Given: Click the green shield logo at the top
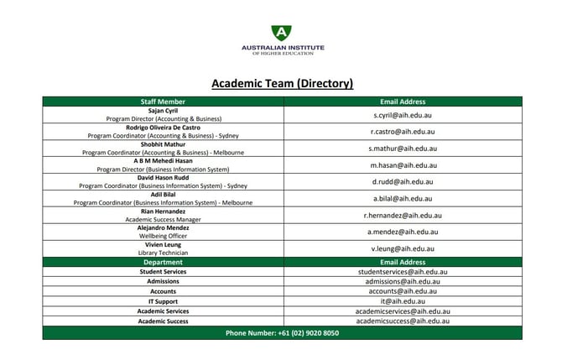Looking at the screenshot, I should point(282,33).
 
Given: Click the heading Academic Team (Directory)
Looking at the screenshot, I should point(282,84).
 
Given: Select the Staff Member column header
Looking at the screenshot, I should point(163,102).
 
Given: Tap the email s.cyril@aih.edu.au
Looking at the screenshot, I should point(403,114).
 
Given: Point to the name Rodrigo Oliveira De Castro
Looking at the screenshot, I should point(163,127).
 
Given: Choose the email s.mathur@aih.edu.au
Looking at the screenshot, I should point(403,149).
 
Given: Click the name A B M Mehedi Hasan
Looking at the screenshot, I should point(163,161).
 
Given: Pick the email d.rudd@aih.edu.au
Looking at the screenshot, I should point(403,181).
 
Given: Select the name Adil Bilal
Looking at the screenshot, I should point(163,194).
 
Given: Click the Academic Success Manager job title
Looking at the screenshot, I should point(163,219).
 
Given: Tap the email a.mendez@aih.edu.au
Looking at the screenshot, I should point(403,232).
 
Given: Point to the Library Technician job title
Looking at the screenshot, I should point(163,253).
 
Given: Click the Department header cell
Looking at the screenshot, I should point(163,262).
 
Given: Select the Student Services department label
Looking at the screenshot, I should point(163,272).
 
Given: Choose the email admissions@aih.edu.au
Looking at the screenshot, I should point(403,282).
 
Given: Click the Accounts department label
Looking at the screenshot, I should point(163,291).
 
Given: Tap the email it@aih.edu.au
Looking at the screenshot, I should point(403,301).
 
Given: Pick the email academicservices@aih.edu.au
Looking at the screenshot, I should point(403,311).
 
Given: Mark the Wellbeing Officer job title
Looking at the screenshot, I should point(163,236).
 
